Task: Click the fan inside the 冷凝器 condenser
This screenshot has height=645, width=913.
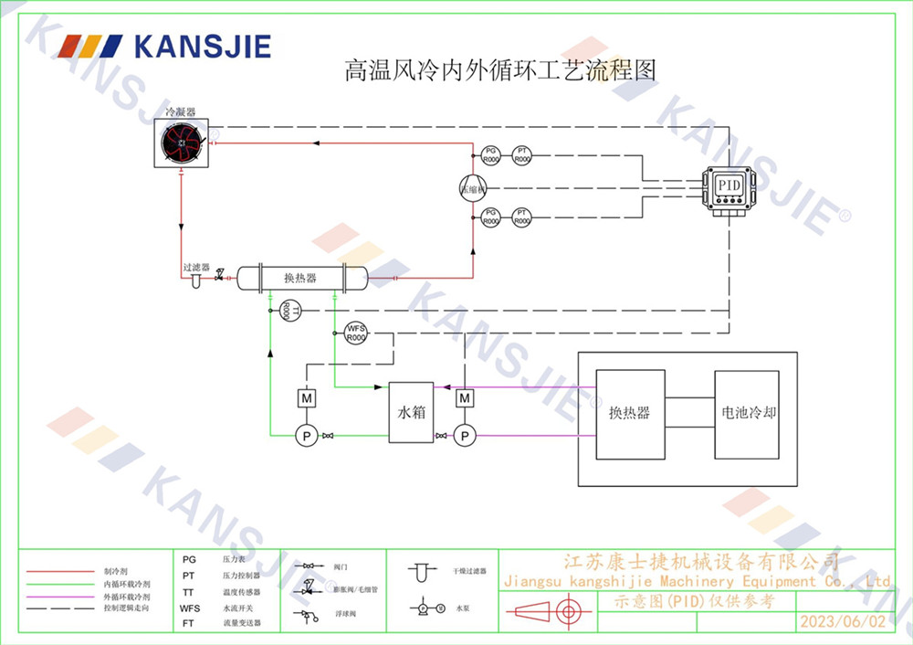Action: pyautogui.click(x=182, y=143)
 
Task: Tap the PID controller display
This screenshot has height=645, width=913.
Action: pyautogui.click(x=729, y=185)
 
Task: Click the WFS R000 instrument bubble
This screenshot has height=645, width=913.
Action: pyautogui.click(x=355, y=333)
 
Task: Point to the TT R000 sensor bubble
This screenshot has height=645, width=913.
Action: pyautogui.click(x=285, y=311)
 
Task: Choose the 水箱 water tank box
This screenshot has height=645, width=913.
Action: pyautogui.click(x=411, y=412)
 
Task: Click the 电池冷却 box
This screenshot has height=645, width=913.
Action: pyautogui.click(x=746, y=413)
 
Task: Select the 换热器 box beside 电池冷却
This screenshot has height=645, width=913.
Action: pyautogui.click(x=629, y=413)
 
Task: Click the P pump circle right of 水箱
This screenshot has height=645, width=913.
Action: pyautogui.click(x=465, y=437)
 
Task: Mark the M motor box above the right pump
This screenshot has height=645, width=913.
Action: pyautogui.click(x=465, y=398)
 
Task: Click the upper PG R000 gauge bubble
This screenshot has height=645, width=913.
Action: pyautogui.click(x=490, y=155)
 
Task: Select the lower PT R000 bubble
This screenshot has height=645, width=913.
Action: pyautogui.click(x=521, y=217)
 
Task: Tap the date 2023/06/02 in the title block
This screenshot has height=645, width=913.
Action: pyautogui.click(x=842, y=621)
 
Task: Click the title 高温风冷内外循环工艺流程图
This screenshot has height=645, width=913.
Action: pyautogui.click(x=500, y=70)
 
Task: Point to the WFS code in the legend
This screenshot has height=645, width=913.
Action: pyautogui.click(x=189, y=607)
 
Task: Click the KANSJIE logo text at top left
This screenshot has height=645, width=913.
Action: pyautogui.click(x=202, y=47)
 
